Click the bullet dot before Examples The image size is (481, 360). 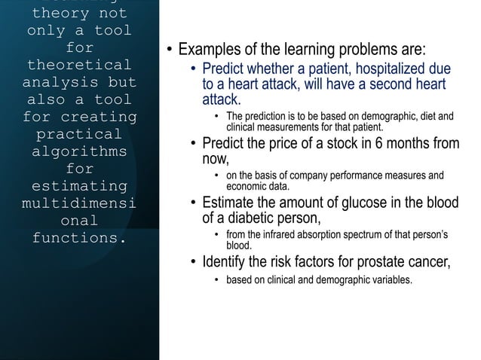170,51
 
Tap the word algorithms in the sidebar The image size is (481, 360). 79,151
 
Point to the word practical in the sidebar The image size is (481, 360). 79,134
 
